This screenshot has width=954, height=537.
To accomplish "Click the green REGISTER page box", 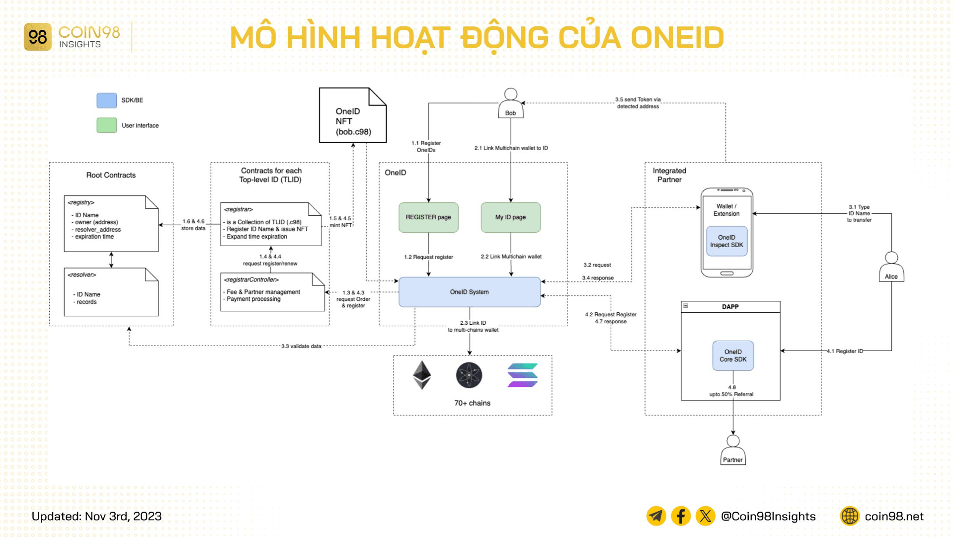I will (x=428, y=217).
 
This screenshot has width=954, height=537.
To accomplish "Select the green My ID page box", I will (x=510, y=217).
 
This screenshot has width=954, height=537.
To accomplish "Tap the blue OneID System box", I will (x=469, y=292).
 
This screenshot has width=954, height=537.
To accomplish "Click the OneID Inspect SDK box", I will (x=726, y=241).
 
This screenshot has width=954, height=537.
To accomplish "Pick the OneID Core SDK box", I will (x=733, y=356).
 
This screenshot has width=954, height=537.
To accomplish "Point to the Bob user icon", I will (x=510, y=103).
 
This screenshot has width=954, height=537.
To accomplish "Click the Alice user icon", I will (x=891, y=267).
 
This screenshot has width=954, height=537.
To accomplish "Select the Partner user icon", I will (x=733, y=450).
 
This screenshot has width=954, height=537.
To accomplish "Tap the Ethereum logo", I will (x=422, y=375).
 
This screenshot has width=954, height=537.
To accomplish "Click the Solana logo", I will (x=522, y=375).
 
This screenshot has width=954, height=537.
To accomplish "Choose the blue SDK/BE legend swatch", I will (x=107, y=100).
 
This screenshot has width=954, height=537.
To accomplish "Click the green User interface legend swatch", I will (x=107, y=125).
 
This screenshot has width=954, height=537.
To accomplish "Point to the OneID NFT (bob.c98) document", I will (x=353, y=116).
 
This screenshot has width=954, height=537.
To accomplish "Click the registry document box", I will (x=111, y=223).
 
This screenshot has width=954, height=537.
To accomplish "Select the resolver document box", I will (x=111, y=292).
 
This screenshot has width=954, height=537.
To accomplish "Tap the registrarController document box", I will (x=272, y=292).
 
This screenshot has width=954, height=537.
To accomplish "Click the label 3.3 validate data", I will (x=301, y=346).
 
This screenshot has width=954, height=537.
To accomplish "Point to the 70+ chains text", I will (x=472, y=403).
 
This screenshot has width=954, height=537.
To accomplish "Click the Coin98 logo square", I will (x=38, y=37).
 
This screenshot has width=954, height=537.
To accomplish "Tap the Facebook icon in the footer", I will (x=681, y=516).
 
